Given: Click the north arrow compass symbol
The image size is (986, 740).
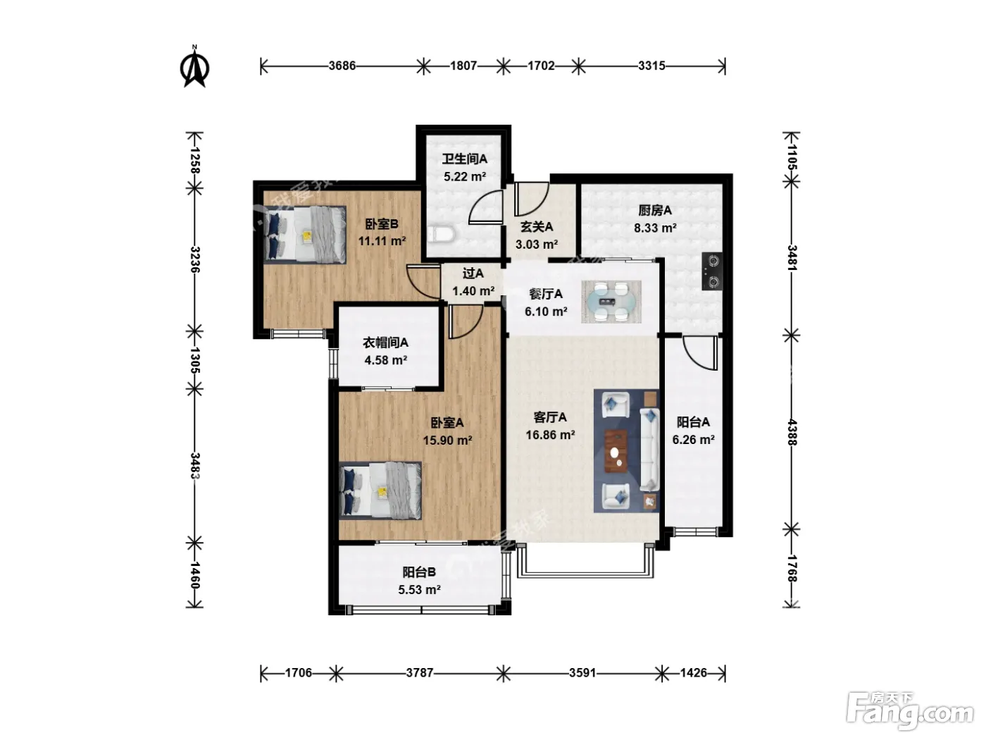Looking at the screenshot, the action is coord(194,68).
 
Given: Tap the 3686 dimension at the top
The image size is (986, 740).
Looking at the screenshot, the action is coord(342,66).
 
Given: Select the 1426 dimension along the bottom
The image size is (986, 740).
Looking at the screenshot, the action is coord(693,672).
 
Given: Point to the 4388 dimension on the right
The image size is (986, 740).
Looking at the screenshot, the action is coord(792,432).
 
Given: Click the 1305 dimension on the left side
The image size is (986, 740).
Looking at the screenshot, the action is coord(195,360).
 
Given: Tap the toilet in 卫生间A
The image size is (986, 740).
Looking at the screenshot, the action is coord(441,234).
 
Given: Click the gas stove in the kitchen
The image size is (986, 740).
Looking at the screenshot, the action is coord(712,272).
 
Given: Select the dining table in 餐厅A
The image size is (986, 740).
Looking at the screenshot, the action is coord(611,302).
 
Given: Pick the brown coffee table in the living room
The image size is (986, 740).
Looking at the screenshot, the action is coord(616,451).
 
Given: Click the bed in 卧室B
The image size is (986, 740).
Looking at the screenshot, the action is coord(304,235).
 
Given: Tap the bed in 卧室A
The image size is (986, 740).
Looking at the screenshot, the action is coord(380,491).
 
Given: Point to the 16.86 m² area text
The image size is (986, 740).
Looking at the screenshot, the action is coord(550,434).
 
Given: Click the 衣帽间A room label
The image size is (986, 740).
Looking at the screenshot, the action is coord(385,343).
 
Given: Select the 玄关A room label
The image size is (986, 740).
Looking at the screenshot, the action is coord(537,227).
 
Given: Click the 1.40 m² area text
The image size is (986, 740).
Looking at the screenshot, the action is coord(473,290).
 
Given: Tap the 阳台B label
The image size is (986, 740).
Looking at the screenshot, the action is coord(418,572).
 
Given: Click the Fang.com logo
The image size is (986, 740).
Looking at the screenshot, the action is coord(909,712).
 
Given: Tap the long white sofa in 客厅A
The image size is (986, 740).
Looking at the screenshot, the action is coord(649,450).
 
